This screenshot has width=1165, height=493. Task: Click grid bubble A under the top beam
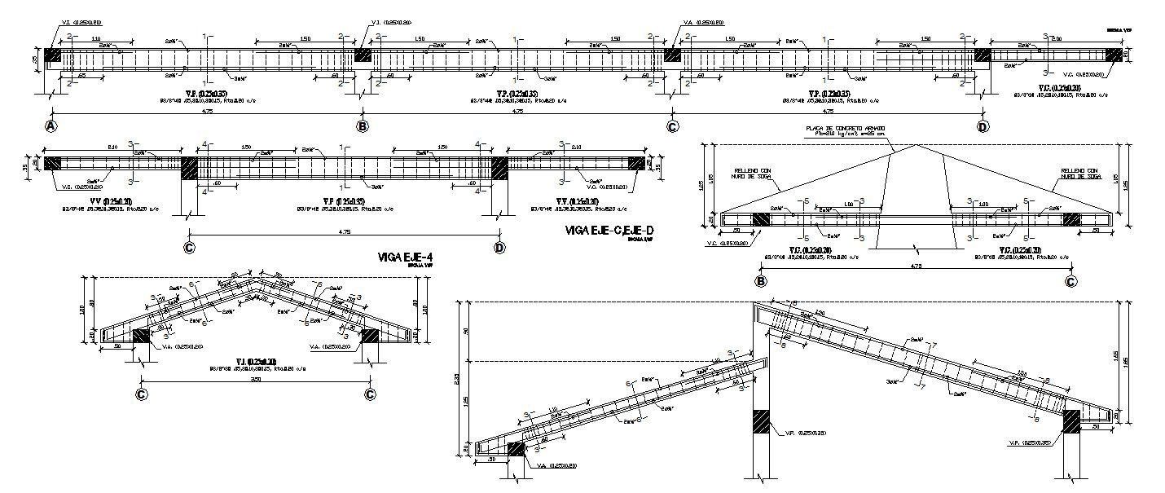click(51, 126)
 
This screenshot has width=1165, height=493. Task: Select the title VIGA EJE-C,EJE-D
click(609, 231)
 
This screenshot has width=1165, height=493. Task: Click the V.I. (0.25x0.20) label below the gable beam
click(256, 360)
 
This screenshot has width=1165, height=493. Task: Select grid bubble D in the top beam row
click(983, 126)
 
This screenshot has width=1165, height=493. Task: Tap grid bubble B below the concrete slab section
click(761, 281)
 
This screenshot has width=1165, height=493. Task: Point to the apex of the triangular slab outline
click(919, 145)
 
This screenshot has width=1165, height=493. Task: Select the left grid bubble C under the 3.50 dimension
click(142, 394)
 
